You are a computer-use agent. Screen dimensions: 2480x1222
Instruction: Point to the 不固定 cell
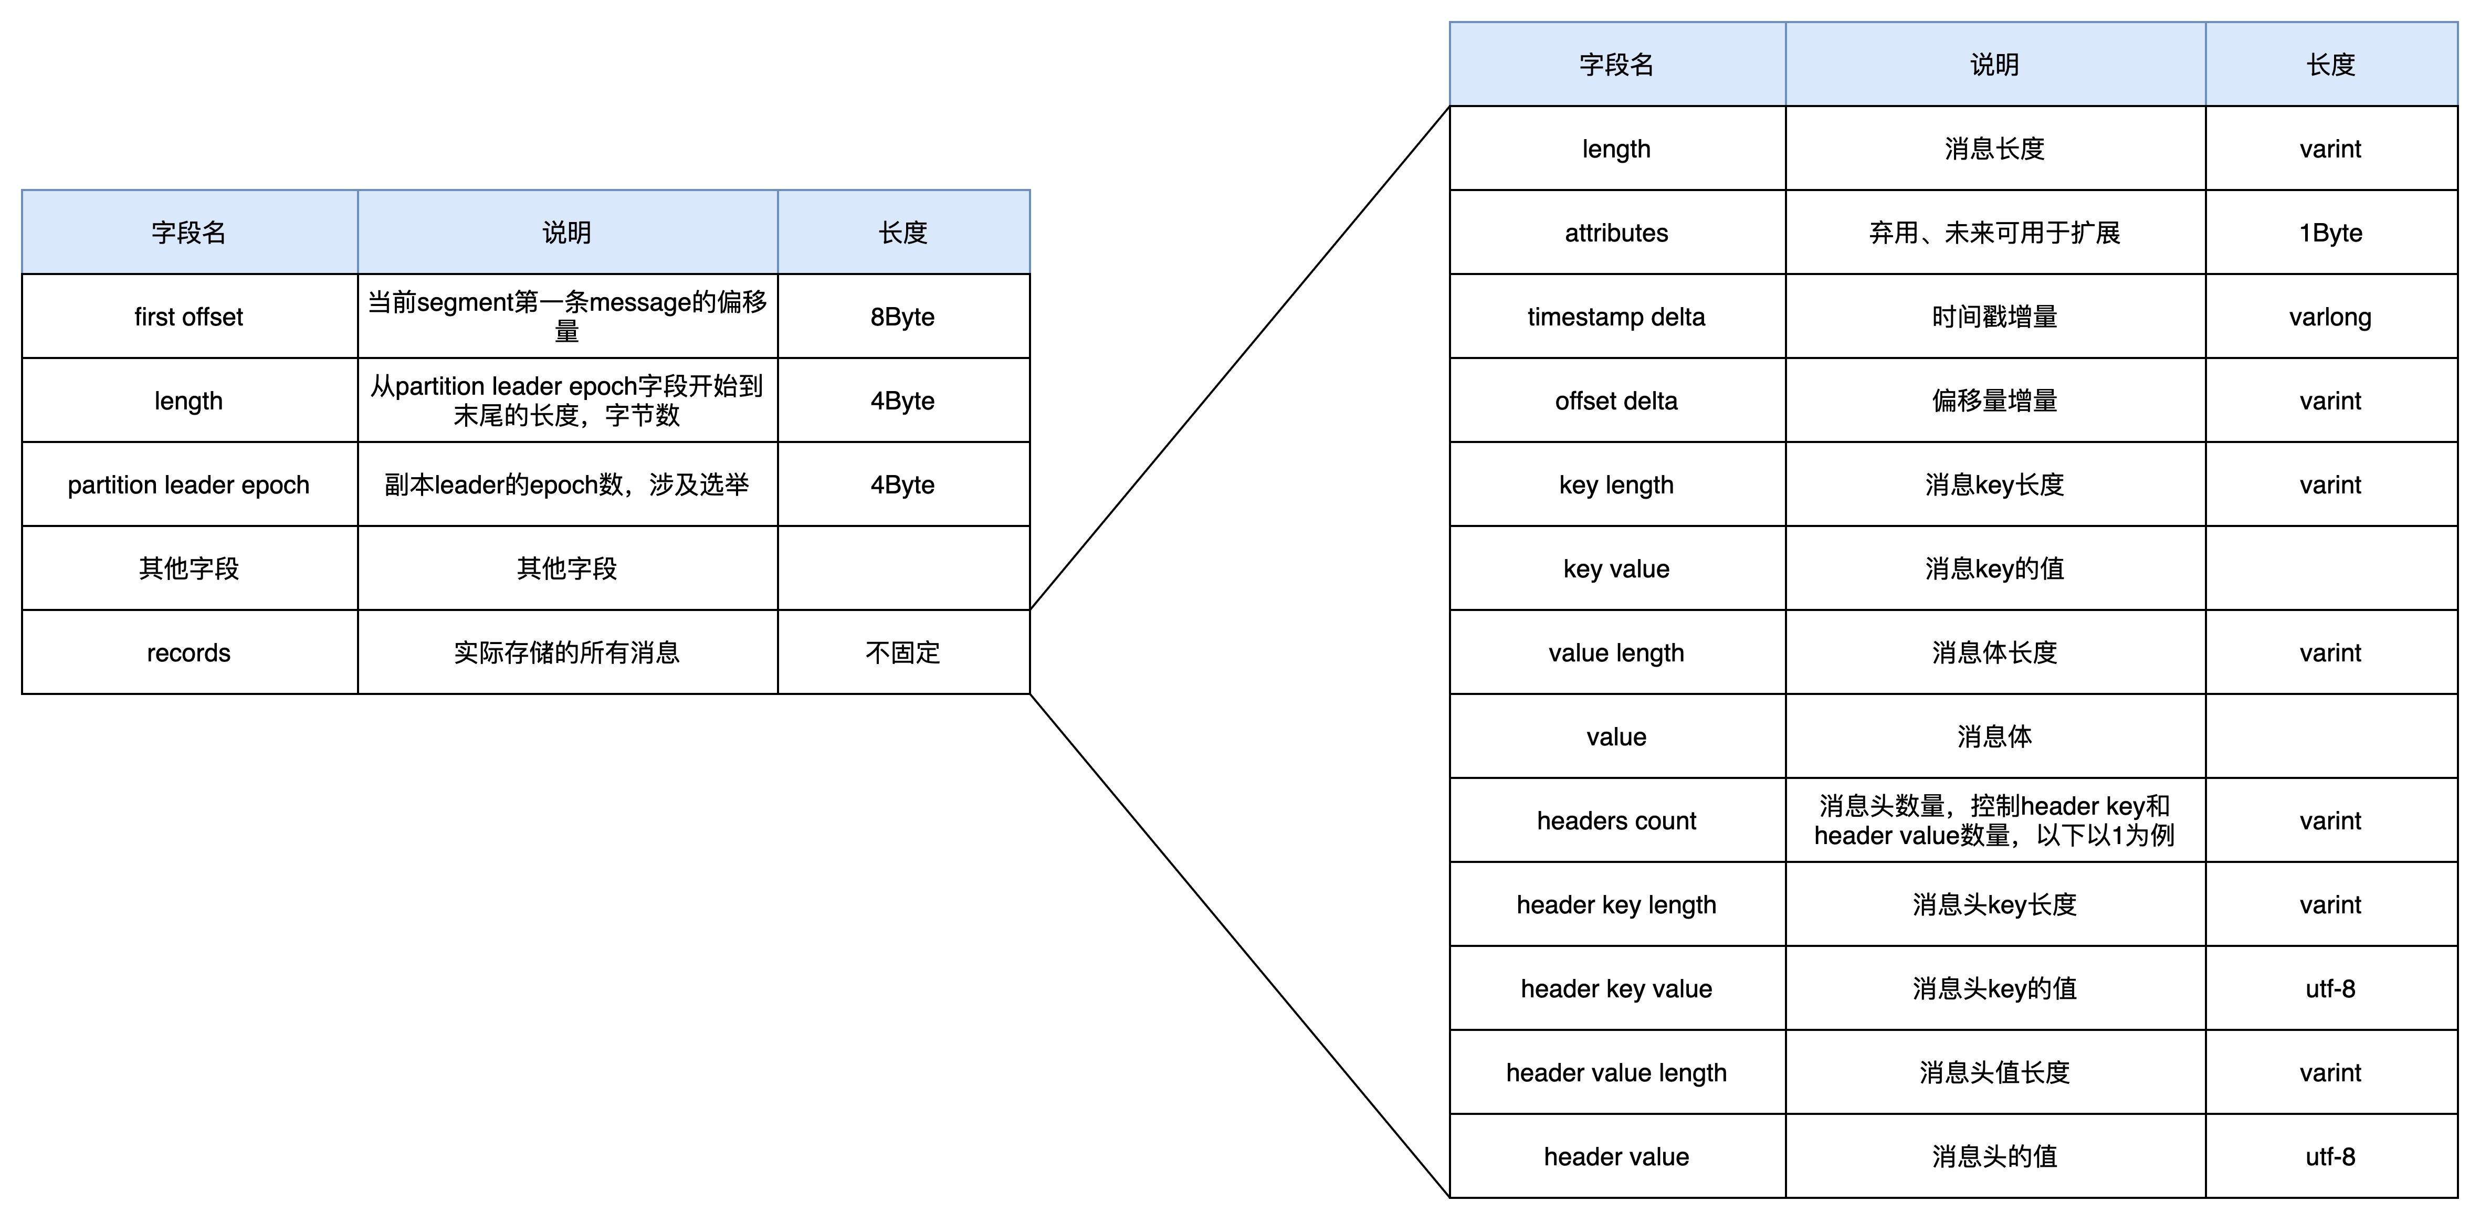[903, 652]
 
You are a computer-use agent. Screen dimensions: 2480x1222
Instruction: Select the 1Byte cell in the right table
[2331, 232]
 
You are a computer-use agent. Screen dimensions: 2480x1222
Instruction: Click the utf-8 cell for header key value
[2331, 988]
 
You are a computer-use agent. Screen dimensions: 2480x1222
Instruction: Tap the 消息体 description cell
[1995, 736]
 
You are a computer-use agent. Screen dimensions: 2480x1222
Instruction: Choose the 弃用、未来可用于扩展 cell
[1995, 232]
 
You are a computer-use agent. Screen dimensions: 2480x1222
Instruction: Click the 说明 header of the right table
[1995, 65]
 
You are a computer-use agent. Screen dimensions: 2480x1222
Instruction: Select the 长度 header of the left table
[903, 232]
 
